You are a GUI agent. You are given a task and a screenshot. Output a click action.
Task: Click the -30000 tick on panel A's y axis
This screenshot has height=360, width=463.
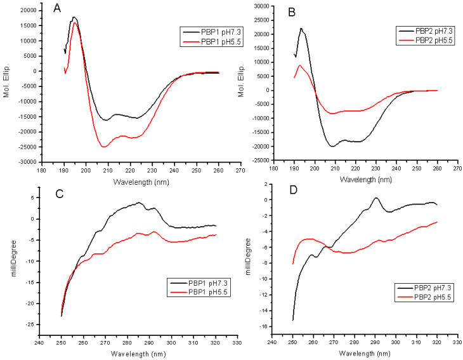point(26,163)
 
